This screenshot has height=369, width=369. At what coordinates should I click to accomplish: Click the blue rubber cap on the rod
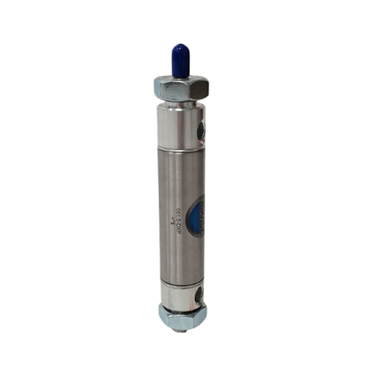[x=181, y=61]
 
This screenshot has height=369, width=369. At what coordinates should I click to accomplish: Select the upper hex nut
[x=181, y=89]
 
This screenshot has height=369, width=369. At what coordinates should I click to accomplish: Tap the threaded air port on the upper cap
[x=201, y=130]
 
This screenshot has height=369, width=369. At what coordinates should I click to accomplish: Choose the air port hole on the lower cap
[x=198, y=295]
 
